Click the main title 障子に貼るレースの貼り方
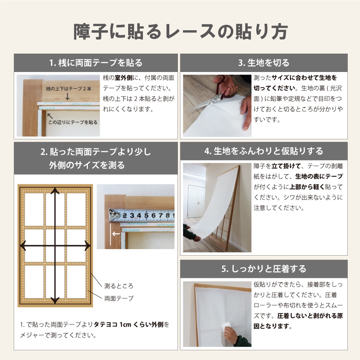click(x=180, y=32)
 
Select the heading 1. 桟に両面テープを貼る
click(x=96, y=63)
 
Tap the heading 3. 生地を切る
click(x=264, y=63)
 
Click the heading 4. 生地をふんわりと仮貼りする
click(x=264, y=151)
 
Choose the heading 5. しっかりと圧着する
click(x=264, y=269)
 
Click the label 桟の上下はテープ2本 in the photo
click(x=68, y=89)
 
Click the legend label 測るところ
click(x=119, y=286)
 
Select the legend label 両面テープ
click(x=119, y=298)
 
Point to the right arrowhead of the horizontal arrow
click(x=87, y=246)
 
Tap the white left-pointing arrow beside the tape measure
click(x=116, y=234)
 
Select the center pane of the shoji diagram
click(x=55, y=246)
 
